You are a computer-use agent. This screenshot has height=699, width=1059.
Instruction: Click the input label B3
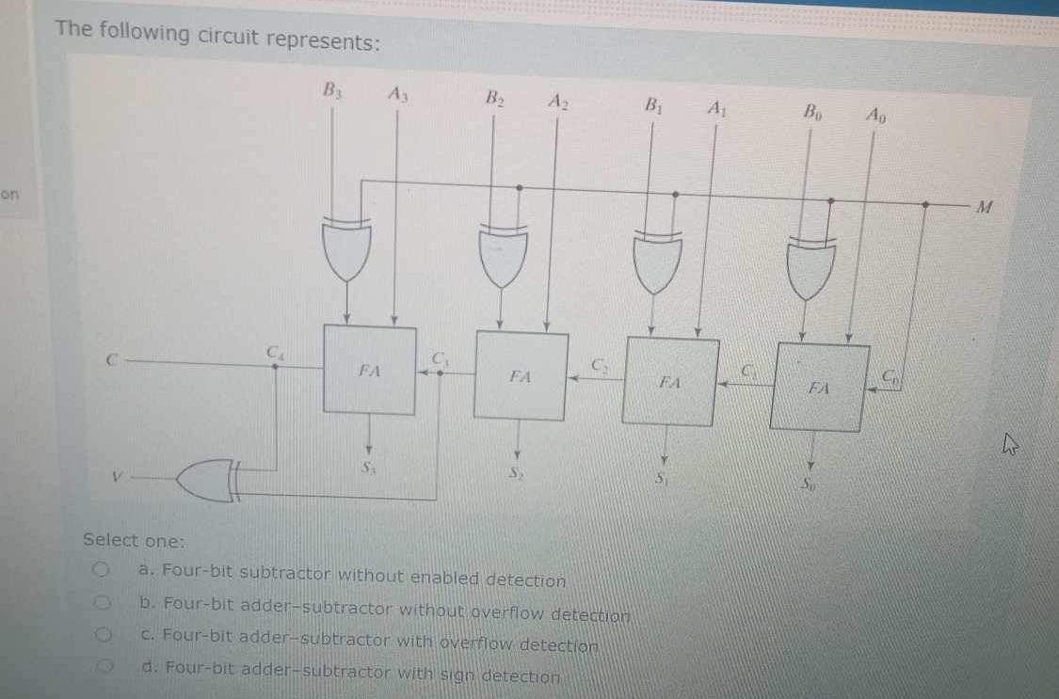(332, 91)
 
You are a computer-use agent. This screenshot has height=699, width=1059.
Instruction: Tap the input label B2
(494, 97)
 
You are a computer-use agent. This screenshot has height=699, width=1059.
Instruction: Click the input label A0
(875, 116)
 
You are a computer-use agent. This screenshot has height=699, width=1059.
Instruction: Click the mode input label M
(984, 206)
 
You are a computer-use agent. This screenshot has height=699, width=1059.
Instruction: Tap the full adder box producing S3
(369, 370)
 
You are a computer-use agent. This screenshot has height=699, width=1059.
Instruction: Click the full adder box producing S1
(669, 381)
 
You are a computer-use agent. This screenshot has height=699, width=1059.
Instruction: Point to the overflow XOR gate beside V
(209, 480)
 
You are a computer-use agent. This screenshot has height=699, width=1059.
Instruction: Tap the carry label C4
(274, 351)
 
